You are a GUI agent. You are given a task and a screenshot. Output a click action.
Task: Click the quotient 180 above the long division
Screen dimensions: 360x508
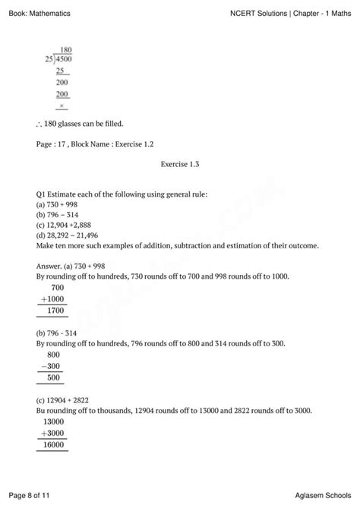tap(65, 49)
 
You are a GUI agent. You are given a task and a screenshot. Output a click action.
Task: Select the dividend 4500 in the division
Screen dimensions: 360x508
tap(65, 58)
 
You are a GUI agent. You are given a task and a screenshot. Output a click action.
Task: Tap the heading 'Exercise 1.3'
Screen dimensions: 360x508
tap(179, 163)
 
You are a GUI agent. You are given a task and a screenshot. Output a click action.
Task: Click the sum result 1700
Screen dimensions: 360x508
tap(56, 310)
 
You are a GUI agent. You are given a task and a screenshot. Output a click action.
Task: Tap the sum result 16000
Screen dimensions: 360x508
tap(54, 444)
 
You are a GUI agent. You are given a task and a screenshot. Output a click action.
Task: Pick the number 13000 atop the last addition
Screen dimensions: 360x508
tap(54, 422)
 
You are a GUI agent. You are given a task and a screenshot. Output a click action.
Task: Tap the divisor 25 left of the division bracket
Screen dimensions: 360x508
tap(49, 58)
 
